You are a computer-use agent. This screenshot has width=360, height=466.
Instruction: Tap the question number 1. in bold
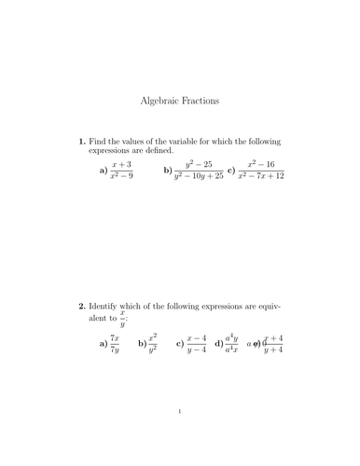click(82, 142)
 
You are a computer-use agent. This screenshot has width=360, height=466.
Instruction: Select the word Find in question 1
click(101, 142)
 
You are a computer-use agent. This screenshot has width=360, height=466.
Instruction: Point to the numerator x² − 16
click(261, 165)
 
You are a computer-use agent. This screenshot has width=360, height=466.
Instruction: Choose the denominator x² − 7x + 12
click(261, 176)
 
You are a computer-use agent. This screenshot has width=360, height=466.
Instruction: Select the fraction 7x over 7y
click(115, 344)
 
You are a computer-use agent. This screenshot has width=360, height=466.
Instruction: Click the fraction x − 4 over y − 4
click(197, 344)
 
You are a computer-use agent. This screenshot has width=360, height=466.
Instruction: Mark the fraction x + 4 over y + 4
click(273, 344)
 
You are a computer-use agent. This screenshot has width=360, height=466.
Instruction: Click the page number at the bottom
click(180, 435)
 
